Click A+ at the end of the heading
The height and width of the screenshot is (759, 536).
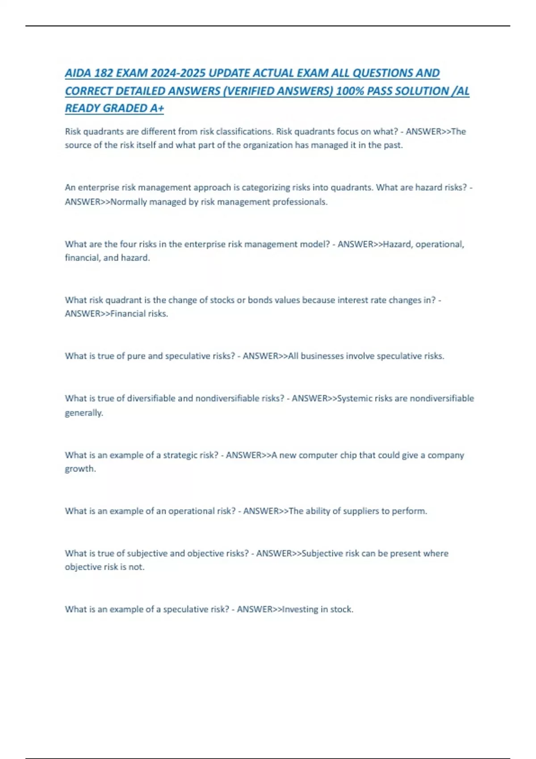(157, 108)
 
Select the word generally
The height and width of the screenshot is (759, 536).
(84, 413)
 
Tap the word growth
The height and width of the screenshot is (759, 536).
(80, 469)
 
